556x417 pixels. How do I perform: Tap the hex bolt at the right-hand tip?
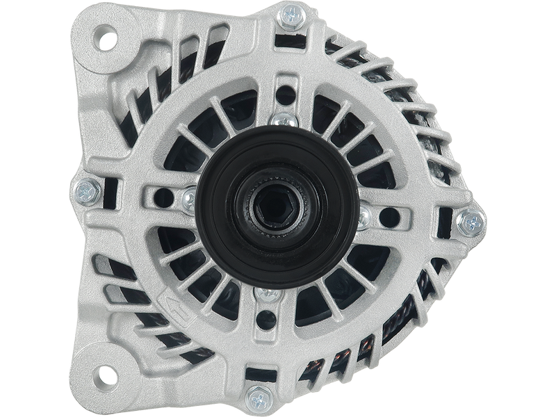(x=475, y=222)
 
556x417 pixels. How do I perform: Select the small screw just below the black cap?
(x=264, y=297)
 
